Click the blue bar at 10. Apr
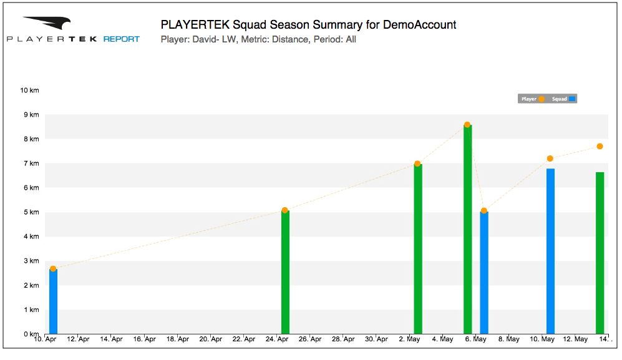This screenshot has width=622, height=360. (53, 301)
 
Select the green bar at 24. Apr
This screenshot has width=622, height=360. (285, 272)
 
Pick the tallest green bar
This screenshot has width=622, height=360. (467, 229)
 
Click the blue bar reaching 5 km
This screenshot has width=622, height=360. (484, 273)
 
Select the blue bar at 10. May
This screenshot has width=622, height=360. (550, 251)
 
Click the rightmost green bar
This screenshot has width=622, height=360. (600, 253)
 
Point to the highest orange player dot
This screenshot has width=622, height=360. (467, 125)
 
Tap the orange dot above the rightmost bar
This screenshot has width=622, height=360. (600, 146)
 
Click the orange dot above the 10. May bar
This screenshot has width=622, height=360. (550, 158)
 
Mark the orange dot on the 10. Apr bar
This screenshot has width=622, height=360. (53, 269)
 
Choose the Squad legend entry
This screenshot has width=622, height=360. (563, 99)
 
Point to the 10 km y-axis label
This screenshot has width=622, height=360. (29, 90)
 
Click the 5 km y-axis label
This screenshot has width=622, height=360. (31, 212)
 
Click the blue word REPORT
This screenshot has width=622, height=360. (122, 39)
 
